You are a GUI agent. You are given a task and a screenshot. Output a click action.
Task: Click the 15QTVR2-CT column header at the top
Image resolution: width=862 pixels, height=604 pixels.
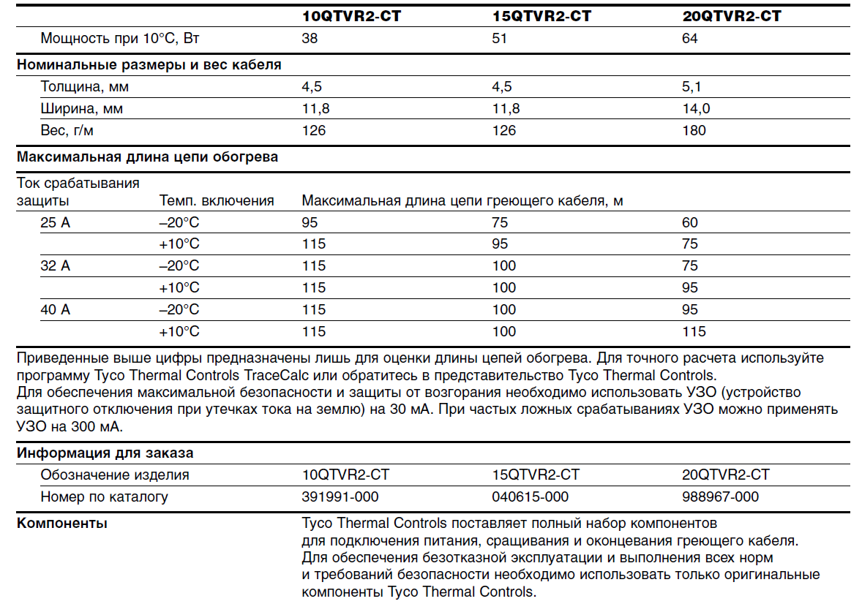click(542, 16)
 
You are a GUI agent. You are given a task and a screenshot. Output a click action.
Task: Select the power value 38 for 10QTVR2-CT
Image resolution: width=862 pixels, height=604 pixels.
click(310, 38)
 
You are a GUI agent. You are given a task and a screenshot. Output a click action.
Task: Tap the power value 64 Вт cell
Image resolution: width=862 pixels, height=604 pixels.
click(689, 38)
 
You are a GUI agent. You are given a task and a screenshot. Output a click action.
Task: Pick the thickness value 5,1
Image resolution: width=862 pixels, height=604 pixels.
click(692, 87)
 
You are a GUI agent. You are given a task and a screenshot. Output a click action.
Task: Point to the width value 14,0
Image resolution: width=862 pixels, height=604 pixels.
click(695, 109)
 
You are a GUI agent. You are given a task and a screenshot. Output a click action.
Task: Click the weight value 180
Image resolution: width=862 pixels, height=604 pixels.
click(694, 131)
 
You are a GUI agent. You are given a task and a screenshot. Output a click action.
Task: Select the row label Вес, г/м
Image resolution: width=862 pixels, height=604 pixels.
click(67, 131)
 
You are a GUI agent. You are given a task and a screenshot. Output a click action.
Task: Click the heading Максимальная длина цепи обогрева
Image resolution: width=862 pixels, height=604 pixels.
click(147, 156)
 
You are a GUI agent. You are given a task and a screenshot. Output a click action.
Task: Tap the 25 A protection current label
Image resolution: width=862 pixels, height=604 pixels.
click(56, 222)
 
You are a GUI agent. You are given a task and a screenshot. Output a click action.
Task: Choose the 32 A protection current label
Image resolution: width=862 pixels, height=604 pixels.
click(56, 265)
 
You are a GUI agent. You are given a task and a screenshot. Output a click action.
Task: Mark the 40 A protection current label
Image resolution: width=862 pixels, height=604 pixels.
click(56, 309)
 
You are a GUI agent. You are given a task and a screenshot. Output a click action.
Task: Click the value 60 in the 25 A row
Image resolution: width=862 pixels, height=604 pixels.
click(689, 222)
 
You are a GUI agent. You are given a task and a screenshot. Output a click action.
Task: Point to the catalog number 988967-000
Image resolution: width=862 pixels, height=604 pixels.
click(720, 497)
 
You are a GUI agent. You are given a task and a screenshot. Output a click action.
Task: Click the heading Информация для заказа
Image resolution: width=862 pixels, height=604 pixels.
click(105, 453)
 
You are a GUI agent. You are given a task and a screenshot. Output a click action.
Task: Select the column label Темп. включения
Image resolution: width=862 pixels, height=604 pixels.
click(217, 200)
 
